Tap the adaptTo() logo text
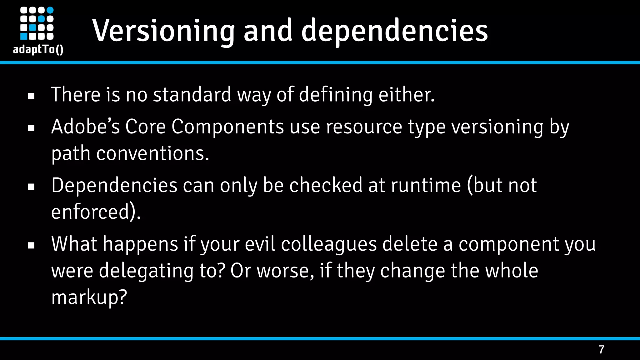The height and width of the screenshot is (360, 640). (x=38, y=49)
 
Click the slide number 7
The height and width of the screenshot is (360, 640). (x=601, y=349)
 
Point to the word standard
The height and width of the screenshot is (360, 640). (x=192, y=94)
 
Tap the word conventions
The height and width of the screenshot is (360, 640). (x=152, y=153)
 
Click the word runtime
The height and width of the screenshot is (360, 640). (x=426, y=185)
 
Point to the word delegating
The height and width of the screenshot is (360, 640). (x=146, y=271)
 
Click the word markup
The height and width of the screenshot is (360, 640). (x=89, y=297)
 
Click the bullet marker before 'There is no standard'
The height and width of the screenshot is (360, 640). (x=31, y=96)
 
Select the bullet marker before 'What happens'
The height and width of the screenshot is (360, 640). (x=31, y=246)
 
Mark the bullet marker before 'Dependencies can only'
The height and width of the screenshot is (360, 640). (x=31, y=187)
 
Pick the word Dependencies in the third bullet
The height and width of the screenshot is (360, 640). (x=114, y=185)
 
